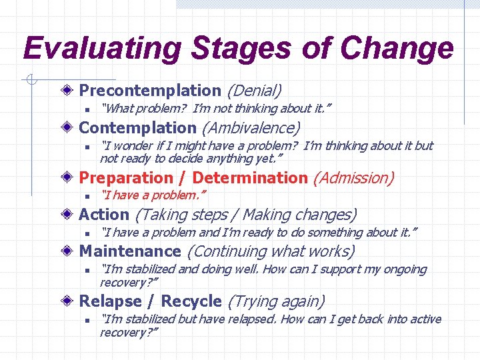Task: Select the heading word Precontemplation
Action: click(150, 90)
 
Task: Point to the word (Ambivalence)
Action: click(251, 127)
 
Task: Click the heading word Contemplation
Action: click(137, 127)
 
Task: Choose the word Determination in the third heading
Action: click(249, 178)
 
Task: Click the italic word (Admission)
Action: click(353, 178)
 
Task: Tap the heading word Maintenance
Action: click(130, 251)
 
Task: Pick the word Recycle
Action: click(191, 301)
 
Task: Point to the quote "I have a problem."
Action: click(153, 195)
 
